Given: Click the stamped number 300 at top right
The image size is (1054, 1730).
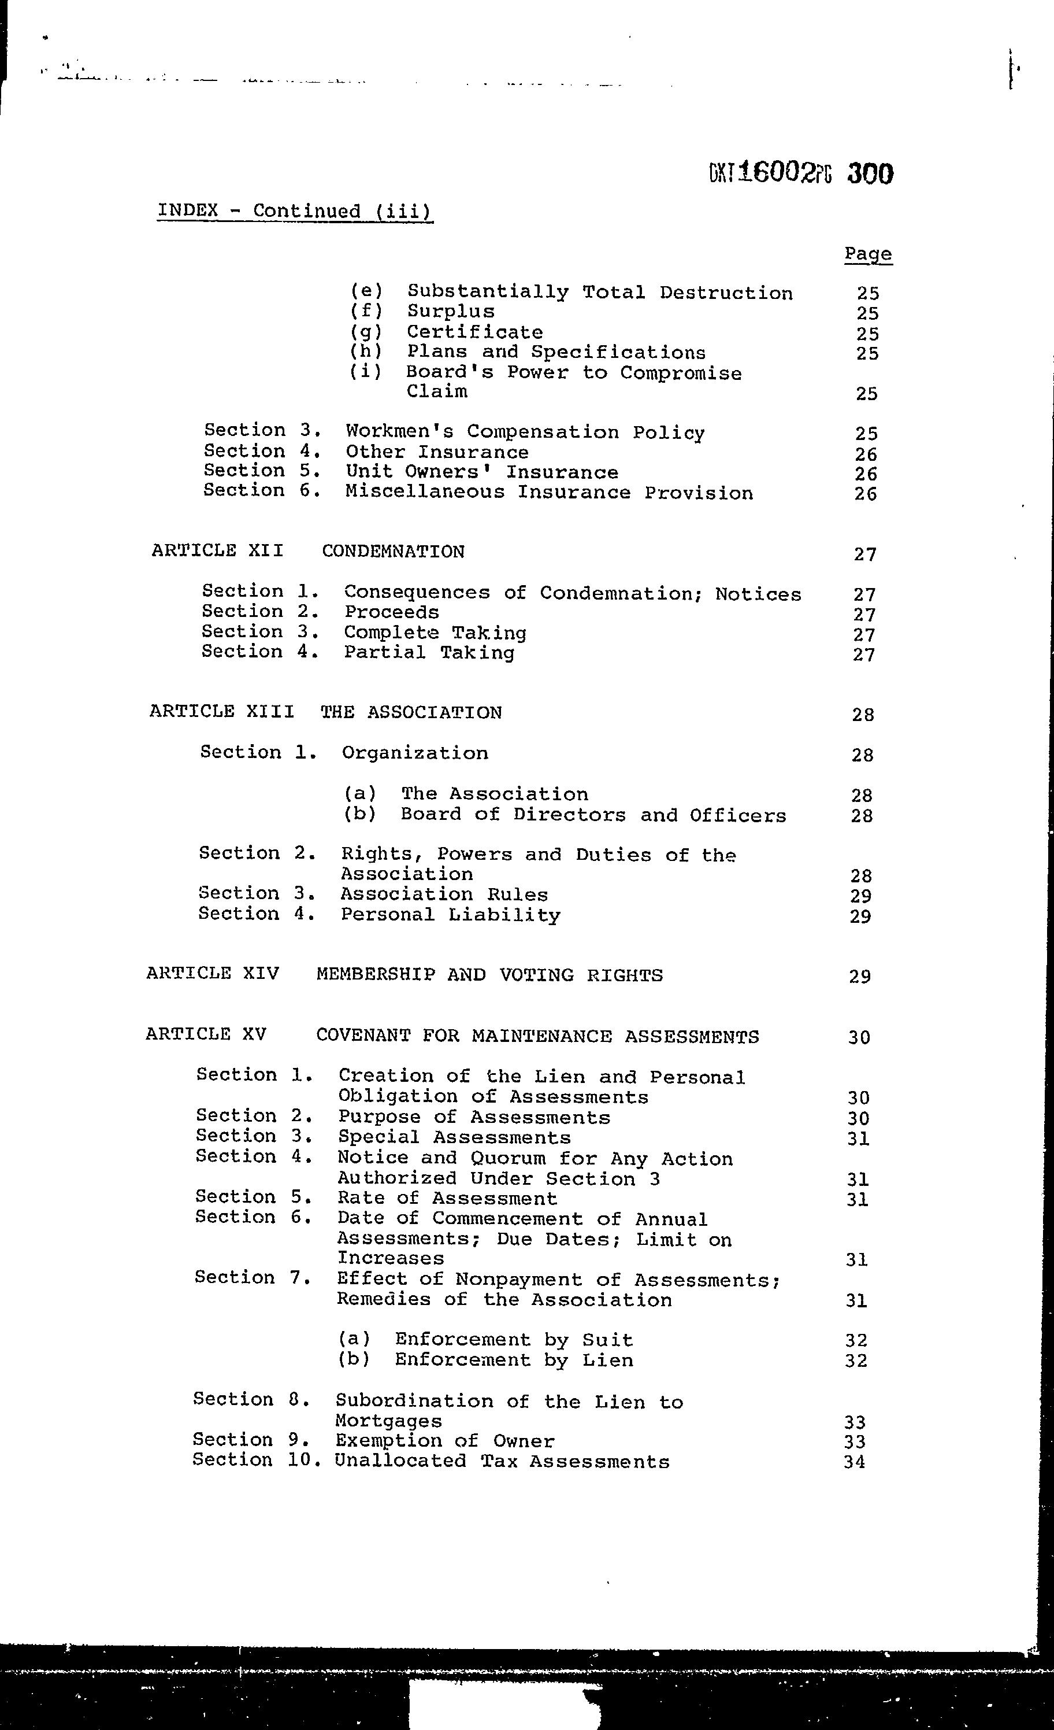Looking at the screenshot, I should click(x=870, y=173).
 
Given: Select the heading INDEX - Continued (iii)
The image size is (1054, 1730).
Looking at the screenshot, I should click(x=295, y=210).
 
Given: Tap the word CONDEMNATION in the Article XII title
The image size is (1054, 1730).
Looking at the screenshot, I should click(x=393, y=552).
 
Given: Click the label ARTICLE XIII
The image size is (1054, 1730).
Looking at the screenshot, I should click(x=222, y=712).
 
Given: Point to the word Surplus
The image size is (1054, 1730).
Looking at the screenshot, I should click(x=451, y=312).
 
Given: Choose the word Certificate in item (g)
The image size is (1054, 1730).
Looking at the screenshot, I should click(x=474, y=332).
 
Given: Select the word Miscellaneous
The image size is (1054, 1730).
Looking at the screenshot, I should click(x=425, y=492).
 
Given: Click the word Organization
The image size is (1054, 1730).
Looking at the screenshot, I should click(x=415, y=753).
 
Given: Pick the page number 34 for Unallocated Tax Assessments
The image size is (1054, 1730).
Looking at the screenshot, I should click(x=855, y=1462).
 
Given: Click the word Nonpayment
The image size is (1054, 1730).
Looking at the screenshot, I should click(x=518, y=1280).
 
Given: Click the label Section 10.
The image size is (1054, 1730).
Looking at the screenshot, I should click(x=256, y=1461).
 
